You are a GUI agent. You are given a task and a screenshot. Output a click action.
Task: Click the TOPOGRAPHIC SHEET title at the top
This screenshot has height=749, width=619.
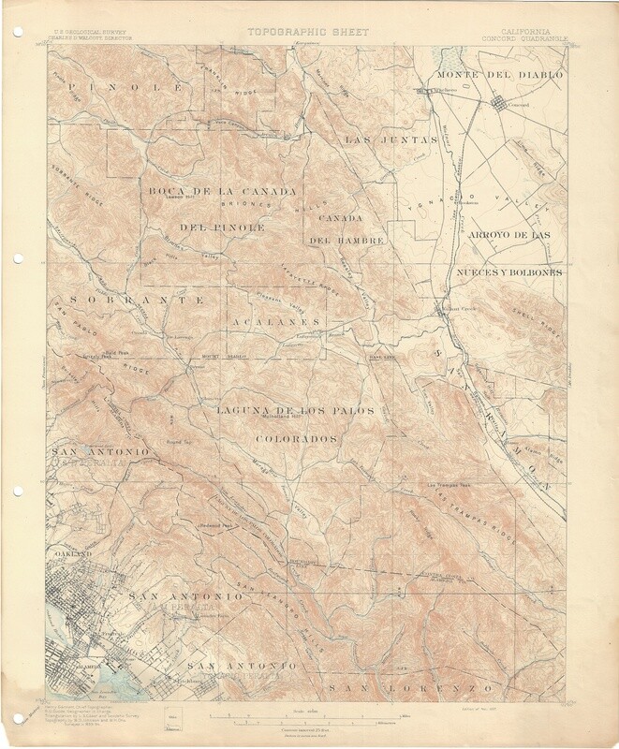point(308,32)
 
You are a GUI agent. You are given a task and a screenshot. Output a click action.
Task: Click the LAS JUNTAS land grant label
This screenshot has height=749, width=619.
point(391,140)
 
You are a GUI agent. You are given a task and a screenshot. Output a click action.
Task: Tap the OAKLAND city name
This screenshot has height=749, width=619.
point(68,555)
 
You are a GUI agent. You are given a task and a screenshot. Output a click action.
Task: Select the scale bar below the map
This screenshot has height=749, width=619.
point(309,716)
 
